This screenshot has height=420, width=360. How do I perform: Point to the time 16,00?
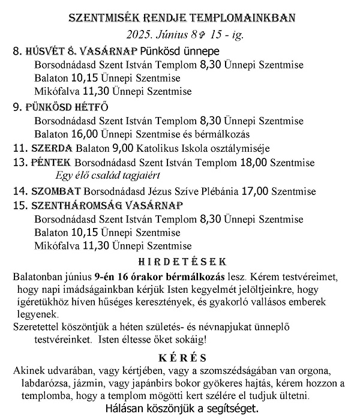click(85, 134)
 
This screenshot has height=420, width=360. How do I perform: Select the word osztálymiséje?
click(243, 148)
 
